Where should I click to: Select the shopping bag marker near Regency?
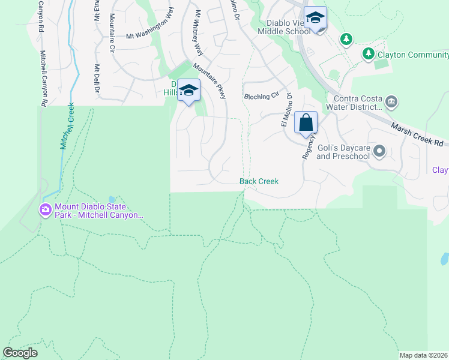point(306,123)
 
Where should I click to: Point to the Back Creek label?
point(259,181)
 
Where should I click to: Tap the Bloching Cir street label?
point(262,95)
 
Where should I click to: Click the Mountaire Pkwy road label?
point(210,82)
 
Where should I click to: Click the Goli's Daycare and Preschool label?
point(343,152)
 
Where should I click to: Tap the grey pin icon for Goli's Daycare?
point(379,151)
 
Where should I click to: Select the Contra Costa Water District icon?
point(391,101)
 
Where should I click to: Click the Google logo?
point(20,353)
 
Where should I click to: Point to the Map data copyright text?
point(423,355)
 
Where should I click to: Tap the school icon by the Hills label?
point(189,91)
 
